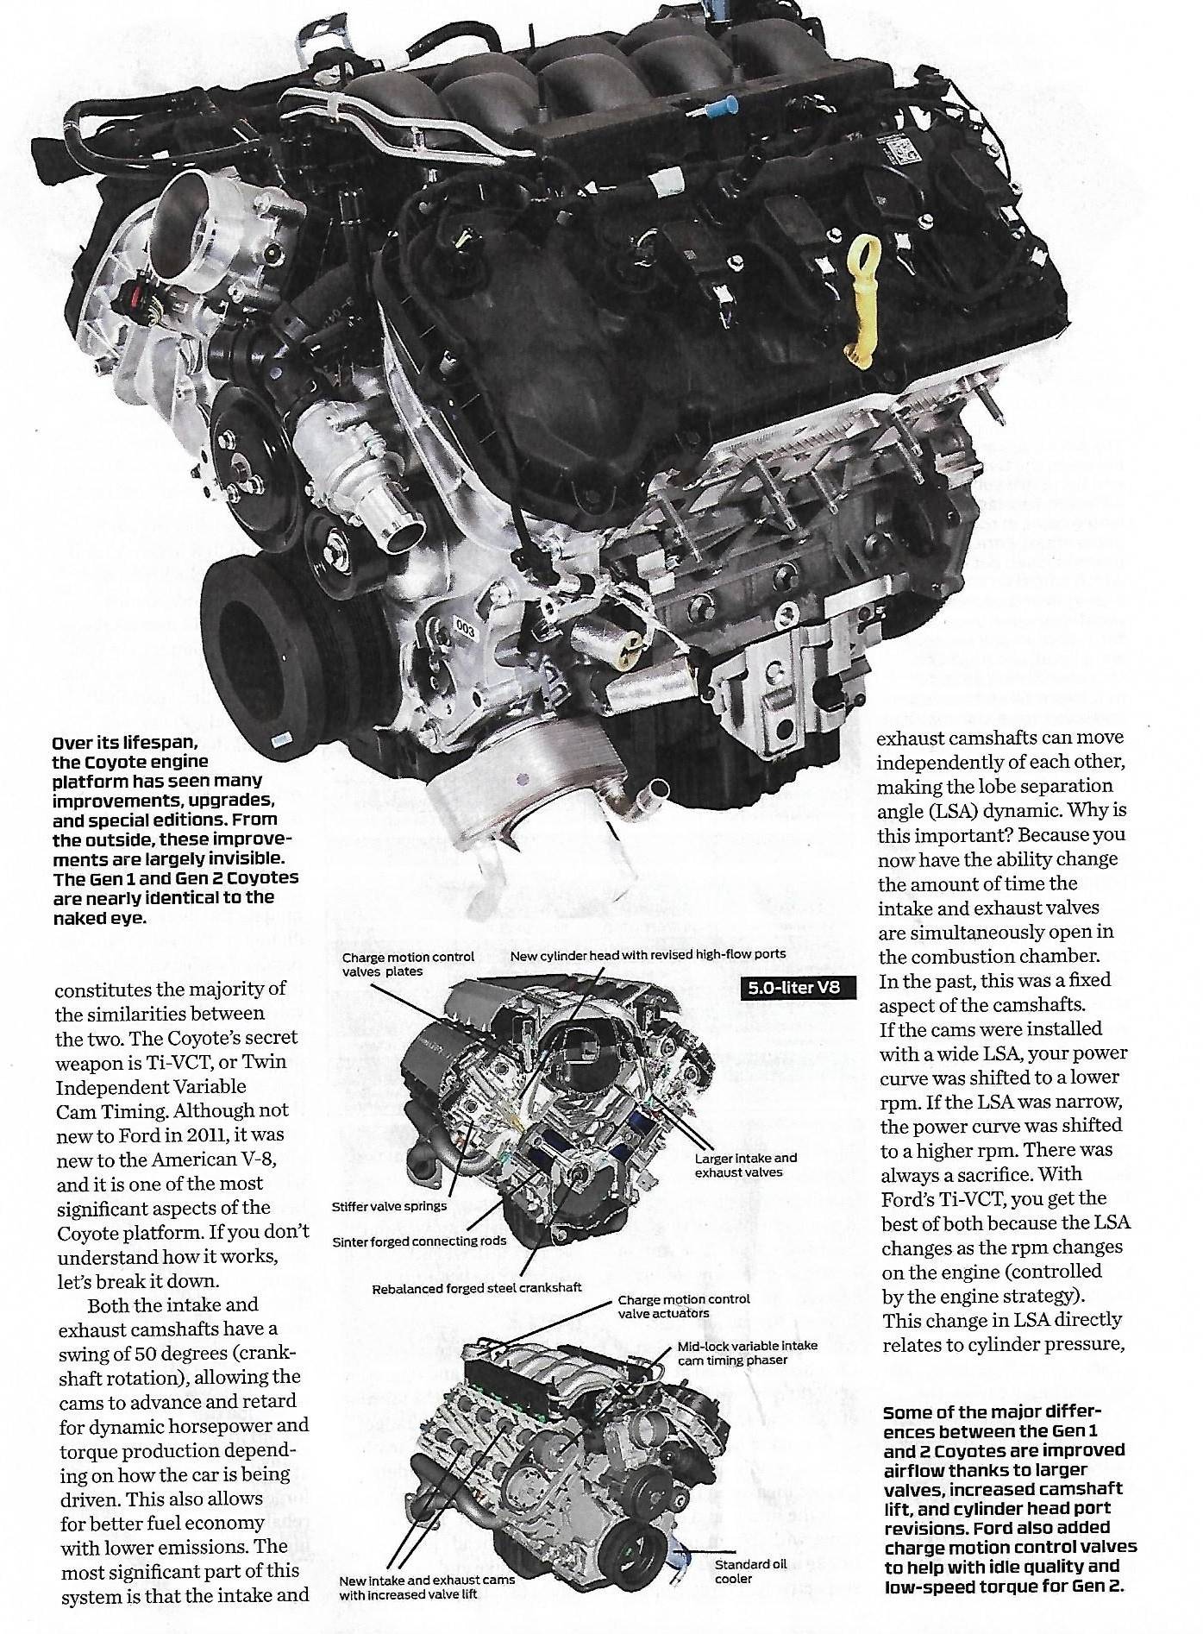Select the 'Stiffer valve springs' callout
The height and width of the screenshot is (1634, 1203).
pyautogui.click(x=390, y=1205)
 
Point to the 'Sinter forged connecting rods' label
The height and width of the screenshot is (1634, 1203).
pyautogui.click(x=419, y=1241)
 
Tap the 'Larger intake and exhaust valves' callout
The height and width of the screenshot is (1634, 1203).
pyautogui.click(x=745, y=1166)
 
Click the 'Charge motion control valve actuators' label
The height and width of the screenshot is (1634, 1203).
pyautogui.click(x=683, y=1306)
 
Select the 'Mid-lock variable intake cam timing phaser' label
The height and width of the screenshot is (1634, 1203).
pyautogui.click(x=747, y=1353)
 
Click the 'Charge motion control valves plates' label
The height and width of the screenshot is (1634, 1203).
pyautogui.click(x=408, y=965)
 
